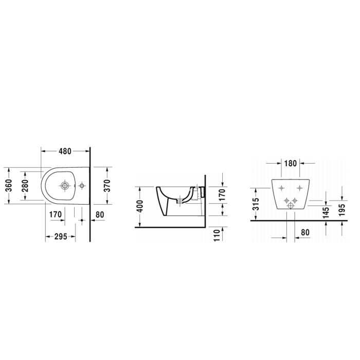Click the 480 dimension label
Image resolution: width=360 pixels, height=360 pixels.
click(65, 151)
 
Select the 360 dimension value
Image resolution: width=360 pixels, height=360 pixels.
click(9, 186)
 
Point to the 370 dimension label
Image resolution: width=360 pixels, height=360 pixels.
click(107, 186)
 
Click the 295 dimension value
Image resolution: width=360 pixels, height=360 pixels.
click(61, 237)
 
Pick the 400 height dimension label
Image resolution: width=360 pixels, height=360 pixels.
click(139, 206)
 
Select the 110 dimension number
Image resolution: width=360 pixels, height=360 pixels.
click(217, 235)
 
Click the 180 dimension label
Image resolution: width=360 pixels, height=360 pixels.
click(291, 164)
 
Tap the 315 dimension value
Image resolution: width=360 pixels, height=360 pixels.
click(256, 204)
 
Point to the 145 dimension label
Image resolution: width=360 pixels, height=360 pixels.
click(326, 212)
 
